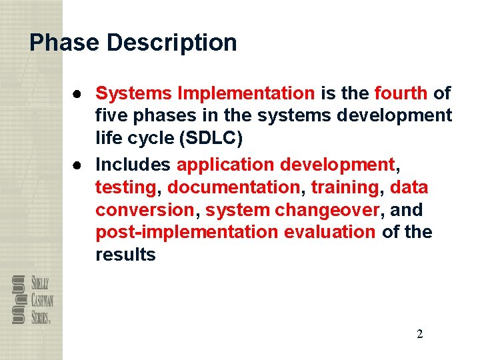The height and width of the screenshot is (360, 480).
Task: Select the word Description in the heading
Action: (x=171, y=43)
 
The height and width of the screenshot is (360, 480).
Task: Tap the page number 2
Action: (x=419, y=334)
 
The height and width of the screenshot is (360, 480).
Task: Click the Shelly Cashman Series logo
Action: (x=32, y=299)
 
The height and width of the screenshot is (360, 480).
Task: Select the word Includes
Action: (x=133, y=164)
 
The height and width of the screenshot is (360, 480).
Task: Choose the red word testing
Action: (x=125, y=187)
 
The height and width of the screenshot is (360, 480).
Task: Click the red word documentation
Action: (x=234, y=187)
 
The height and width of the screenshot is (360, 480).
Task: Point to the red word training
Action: (x=345, y=187)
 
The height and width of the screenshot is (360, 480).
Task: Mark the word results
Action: (x=125, y=255)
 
